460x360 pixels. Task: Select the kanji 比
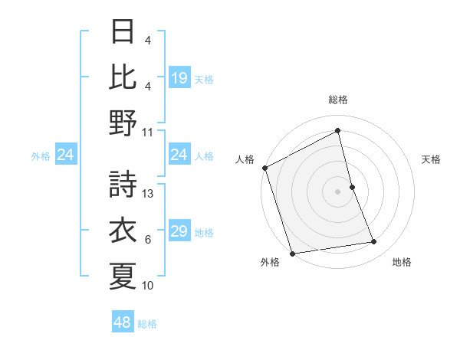123,78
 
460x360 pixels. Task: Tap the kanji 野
123,123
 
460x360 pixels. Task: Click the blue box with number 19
179,78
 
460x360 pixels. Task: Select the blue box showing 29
179,231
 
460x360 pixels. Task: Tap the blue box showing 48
122,322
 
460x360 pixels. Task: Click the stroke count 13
149,194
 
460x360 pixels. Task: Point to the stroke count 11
149,131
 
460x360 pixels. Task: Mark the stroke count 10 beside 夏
149,286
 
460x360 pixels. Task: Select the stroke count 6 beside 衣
148,240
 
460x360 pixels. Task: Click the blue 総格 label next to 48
147,324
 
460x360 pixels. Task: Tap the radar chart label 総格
337,100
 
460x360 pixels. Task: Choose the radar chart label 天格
431,159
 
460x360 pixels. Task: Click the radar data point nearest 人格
264,168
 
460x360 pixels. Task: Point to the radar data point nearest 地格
374,242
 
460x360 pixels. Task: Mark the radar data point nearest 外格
292,253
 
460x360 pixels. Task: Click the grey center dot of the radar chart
337,191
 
